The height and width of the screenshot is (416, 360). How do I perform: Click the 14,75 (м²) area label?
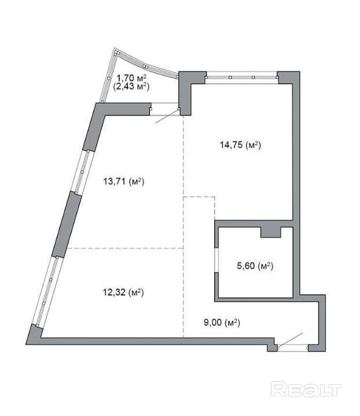click(240, 145)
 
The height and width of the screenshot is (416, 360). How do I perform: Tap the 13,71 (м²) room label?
click(123, 182)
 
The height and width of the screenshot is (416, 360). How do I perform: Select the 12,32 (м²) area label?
click(123, 292)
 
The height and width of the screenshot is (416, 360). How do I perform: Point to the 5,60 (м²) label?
click(255, 266)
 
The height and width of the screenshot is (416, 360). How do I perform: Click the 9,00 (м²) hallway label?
click(222, 323)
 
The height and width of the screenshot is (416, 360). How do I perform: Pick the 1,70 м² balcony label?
click(132, 78)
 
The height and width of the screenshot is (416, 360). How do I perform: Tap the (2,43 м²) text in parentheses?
click(131, 86)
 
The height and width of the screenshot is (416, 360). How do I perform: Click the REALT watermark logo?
click(306, 389)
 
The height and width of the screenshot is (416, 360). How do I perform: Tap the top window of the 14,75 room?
click(241, 77)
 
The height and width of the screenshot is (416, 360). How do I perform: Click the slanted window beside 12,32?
click(49, 291)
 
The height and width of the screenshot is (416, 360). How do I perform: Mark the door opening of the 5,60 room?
click(216, 260)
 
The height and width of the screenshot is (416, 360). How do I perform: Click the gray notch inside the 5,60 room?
click(270, 232)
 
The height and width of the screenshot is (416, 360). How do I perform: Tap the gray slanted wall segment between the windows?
click(67, 224)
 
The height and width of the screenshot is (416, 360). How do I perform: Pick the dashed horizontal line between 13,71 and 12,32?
click(125, 248)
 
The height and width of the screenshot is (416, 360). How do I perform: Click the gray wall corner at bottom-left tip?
click(34, 335)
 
